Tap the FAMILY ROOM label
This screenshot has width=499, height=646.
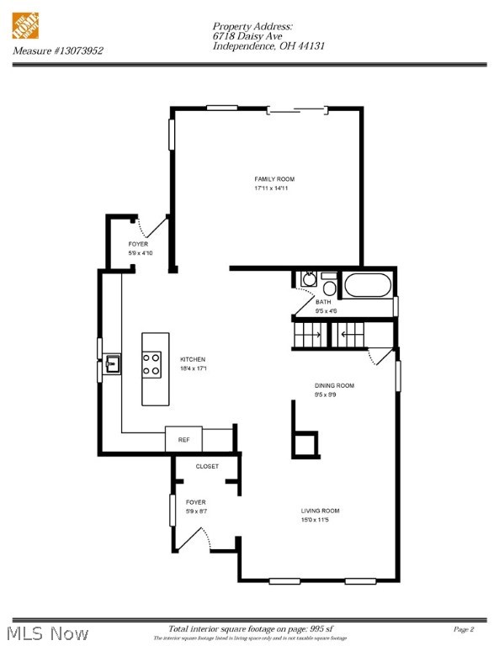pyautogui.click(x=274, y=179)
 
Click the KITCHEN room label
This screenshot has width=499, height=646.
pyautogui.click(x=192, y=359)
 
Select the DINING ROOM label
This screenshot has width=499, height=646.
pyautogui.click(x=334, y=385)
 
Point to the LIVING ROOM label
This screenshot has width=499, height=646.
pyautogui.click(x=320, y=511)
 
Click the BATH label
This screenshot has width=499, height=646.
pyautogui.click(x=323, y=302)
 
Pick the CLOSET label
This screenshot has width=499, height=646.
pyautogui.click(x=207, y=466)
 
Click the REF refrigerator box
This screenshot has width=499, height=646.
pyautogui.click(x=183, y=439)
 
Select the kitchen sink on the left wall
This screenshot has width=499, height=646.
pyautogui.click(x=112, y=364)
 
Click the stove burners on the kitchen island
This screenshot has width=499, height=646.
pyautogui.click(x=151, y=363)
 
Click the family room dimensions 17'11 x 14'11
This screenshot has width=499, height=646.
pyautogui.click(x=274, y=188)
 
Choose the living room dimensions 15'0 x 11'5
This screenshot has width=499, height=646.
pyautogui.click(x=320, y=520)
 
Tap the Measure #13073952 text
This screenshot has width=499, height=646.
pyautogui.click(x=58, y=50)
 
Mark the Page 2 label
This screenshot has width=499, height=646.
pyautogui.click(x=464, y=629)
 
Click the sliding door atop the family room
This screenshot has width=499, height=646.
pyautogui.click(x=296, y=109)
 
